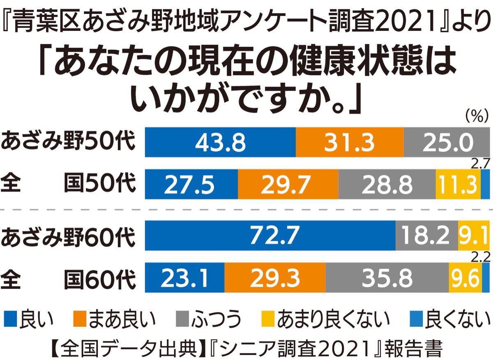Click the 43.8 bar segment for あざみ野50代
point(220,142)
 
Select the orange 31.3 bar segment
point(350,142)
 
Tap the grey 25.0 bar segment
point(446,142)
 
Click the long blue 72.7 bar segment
point(270,235)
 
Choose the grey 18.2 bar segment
point(426,235)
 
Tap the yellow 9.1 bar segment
point(474,235)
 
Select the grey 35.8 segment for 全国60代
point(387,278)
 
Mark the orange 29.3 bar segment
point(275,278)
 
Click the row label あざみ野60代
point(68,237)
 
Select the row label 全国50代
point(68,185)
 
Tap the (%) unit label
point(476,118)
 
